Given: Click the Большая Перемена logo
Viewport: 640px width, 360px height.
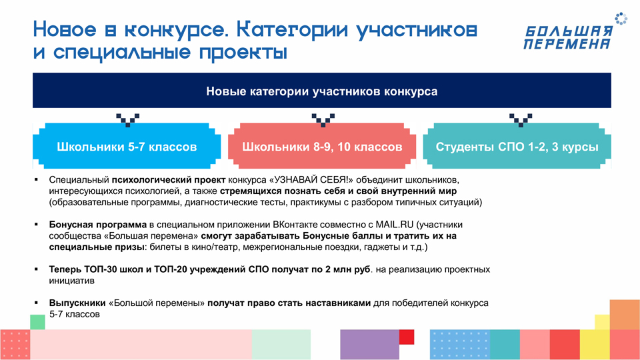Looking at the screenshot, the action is pos(575,32).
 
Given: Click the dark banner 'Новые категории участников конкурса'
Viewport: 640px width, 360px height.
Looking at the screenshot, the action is pos(321,91).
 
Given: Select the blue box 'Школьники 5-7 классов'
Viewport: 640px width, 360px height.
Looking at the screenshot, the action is pos(127,146).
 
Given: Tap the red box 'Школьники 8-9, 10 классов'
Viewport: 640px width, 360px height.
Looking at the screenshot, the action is pos(321,146).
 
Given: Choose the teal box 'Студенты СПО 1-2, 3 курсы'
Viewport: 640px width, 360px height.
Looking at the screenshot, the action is pos(517,146).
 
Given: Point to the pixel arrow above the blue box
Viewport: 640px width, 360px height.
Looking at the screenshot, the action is pos(128,120).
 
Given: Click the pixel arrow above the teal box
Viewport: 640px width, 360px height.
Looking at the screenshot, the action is pos(521,120).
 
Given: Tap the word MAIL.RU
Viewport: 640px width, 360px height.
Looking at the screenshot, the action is pos(394,225).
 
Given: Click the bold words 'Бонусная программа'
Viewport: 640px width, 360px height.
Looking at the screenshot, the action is pos(97,225).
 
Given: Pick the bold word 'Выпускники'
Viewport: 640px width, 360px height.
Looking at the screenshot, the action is pos(77,303).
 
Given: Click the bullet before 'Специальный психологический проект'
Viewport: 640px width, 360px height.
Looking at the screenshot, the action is pos(36,179).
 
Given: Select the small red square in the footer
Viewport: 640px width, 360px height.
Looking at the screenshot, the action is pos(407,337).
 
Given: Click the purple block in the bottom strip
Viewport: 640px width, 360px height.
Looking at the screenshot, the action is pos(370,345).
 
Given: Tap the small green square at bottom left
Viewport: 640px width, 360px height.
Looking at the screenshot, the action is pos(37,322).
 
